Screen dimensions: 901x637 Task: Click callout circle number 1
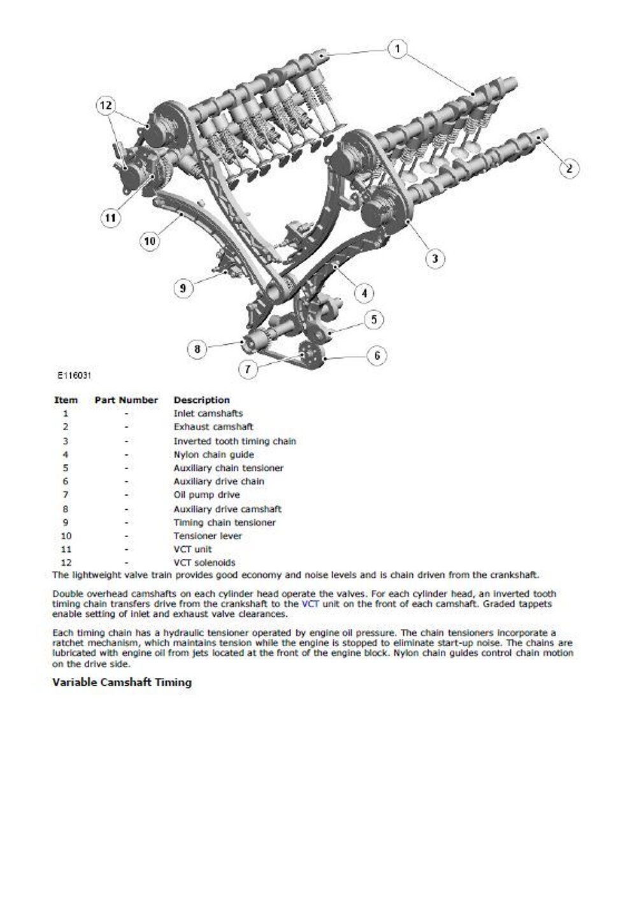click(x=397, y=50)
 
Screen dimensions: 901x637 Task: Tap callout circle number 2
click(x=569, y=168)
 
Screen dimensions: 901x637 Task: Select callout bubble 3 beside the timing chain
click(x=435, y=258)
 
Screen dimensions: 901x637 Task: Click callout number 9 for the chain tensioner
click(x=183, y=288)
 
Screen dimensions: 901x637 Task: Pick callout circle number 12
click(x=106, y=105)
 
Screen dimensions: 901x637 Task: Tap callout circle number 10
click(x=149, y=241)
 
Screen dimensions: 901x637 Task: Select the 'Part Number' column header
click(x=126, y=400)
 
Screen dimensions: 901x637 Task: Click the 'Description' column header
click(x=201, y=400)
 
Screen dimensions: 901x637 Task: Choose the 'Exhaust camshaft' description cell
click(x=213, y=427)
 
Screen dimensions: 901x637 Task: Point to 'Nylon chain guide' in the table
click(x=213, y=454)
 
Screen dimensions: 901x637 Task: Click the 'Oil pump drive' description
click(x=206, y=494)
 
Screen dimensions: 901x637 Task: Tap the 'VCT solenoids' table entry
click(x=204, y=563)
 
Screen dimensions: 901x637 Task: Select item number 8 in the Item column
click(x=66, y=509)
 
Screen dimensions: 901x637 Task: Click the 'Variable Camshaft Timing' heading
click(x=122, y=682)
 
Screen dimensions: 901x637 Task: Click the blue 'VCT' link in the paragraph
click(x=310, y=603)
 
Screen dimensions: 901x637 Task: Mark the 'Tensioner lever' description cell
click(x=208, y=536)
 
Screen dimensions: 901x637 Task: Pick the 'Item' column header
click(x=66, y=400)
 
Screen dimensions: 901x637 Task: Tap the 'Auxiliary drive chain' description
click(x=218, y=481)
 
